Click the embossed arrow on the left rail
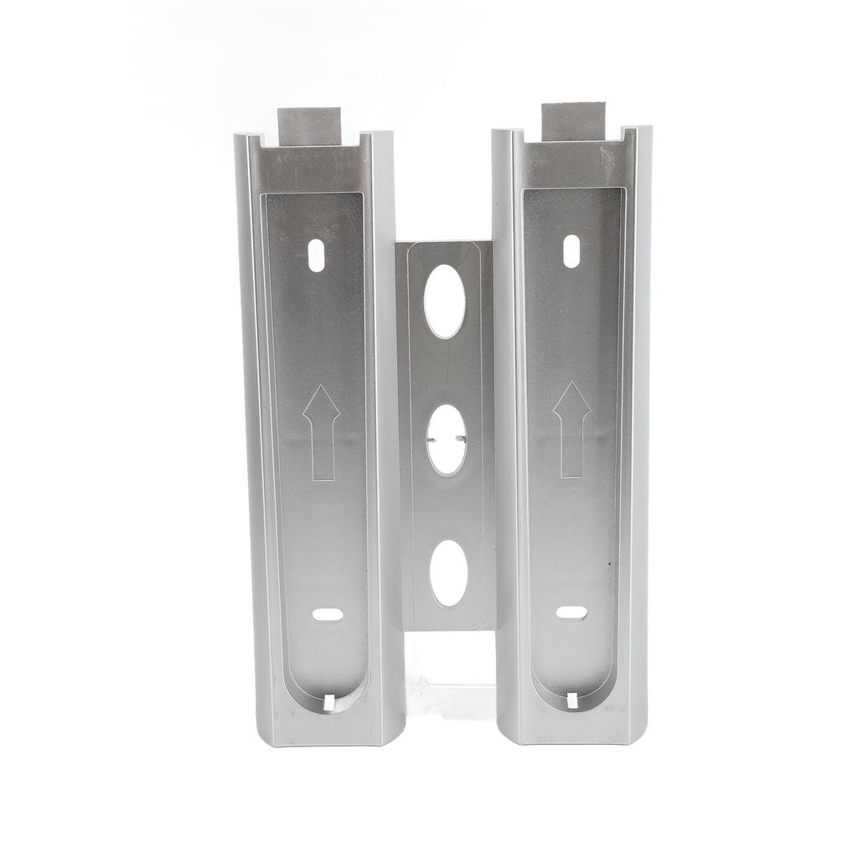click(321, 434)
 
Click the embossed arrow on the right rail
click(571, 431)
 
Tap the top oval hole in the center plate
click(444, 302)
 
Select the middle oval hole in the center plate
click(446, 440)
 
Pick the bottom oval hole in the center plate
click(448, 573)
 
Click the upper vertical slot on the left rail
click(316, 256)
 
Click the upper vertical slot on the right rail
click(571, 251)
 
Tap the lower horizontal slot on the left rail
click(327, 614)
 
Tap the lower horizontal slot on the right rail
click(571, 612)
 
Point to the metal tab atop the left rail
click(309, 125)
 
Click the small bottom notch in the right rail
click(572, 699)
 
